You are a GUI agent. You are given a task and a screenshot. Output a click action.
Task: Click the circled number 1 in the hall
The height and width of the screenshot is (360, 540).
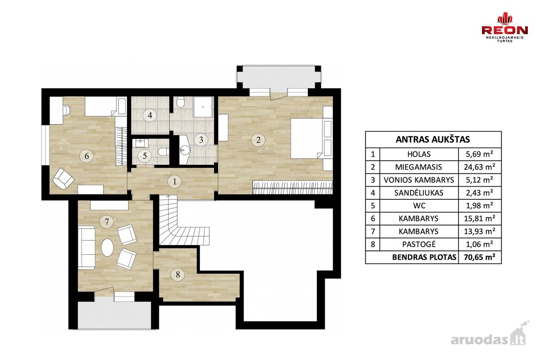175,181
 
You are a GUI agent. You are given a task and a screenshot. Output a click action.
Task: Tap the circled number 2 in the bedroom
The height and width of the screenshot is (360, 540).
258,140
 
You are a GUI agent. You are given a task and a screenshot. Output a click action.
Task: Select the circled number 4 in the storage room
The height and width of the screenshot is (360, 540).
150,116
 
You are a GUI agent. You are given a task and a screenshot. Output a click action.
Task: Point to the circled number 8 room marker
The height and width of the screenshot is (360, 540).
178,274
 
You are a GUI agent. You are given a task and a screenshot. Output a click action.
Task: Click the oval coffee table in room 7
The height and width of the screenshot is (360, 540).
107,247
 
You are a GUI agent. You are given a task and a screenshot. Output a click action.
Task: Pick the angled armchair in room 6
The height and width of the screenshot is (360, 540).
63,179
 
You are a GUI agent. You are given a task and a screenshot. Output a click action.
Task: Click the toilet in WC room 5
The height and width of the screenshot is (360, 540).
163,152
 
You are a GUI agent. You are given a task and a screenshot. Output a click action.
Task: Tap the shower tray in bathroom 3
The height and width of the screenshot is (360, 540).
203,107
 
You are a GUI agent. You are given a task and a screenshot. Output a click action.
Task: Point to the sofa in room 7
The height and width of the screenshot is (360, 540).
86,247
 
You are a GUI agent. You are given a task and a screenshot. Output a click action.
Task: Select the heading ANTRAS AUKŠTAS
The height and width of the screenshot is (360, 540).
433,139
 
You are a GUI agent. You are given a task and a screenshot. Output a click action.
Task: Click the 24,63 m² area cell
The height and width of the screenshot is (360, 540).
480,167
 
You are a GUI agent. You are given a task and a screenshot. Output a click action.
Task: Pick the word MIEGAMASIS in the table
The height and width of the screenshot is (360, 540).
419,167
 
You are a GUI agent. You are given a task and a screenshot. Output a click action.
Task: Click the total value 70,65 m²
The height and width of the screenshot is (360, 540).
480,257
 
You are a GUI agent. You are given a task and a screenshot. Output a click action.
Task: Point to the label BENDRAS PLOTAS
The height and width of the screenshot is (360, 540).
424,257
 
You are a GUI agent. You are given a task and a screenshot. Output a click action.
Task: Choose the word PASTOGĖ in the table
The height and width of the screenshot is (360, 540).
419,244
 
